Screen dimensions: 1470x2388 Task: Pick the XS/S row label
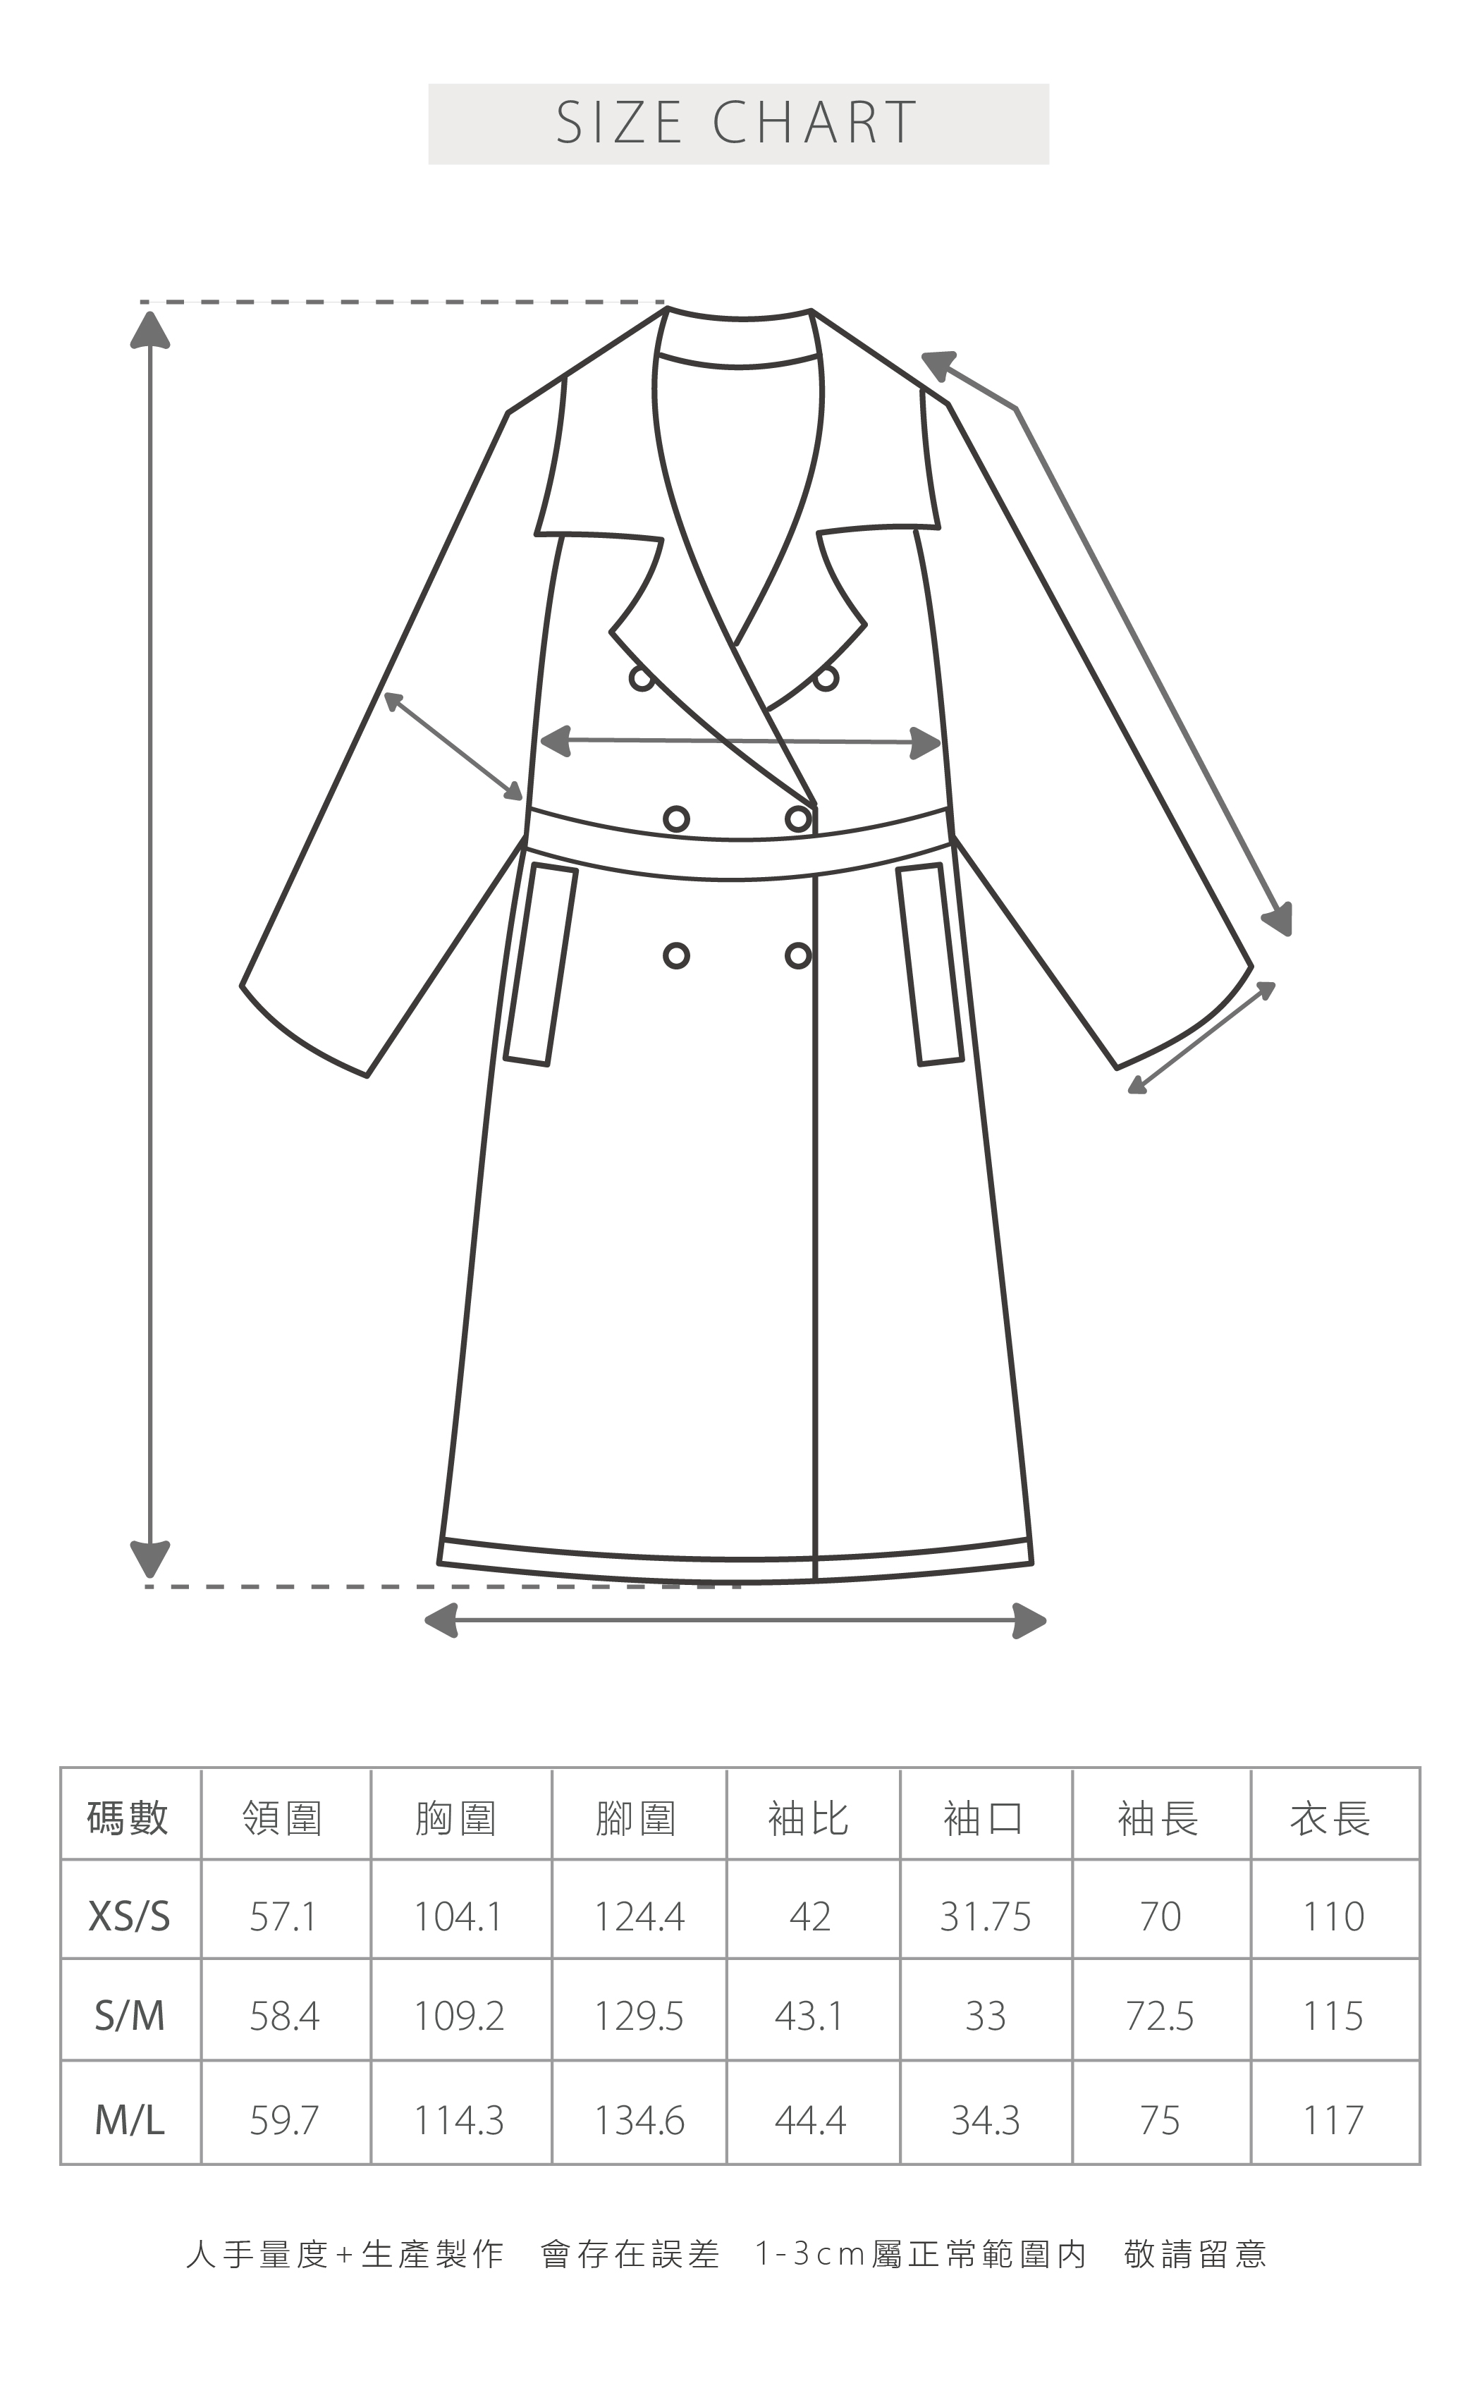pyautogui.click(x=129, y=1916)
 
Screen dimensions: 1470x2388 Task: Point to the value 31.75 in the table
pyautogui.click(x=985, y=1916)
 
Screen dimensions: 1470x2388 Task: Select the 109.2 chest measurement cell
pyautogui.click(x=459, y=2016)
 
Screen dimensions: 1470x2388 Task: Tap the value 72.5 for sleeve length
pyautogui.click(x=1159, y=2016)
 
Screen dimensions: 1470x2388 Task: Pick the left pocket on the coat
pyautogui.click(x=541, y=965)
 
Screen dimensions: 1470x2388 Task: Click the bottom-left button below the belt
pyautogui.click(x=677, y=956)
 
